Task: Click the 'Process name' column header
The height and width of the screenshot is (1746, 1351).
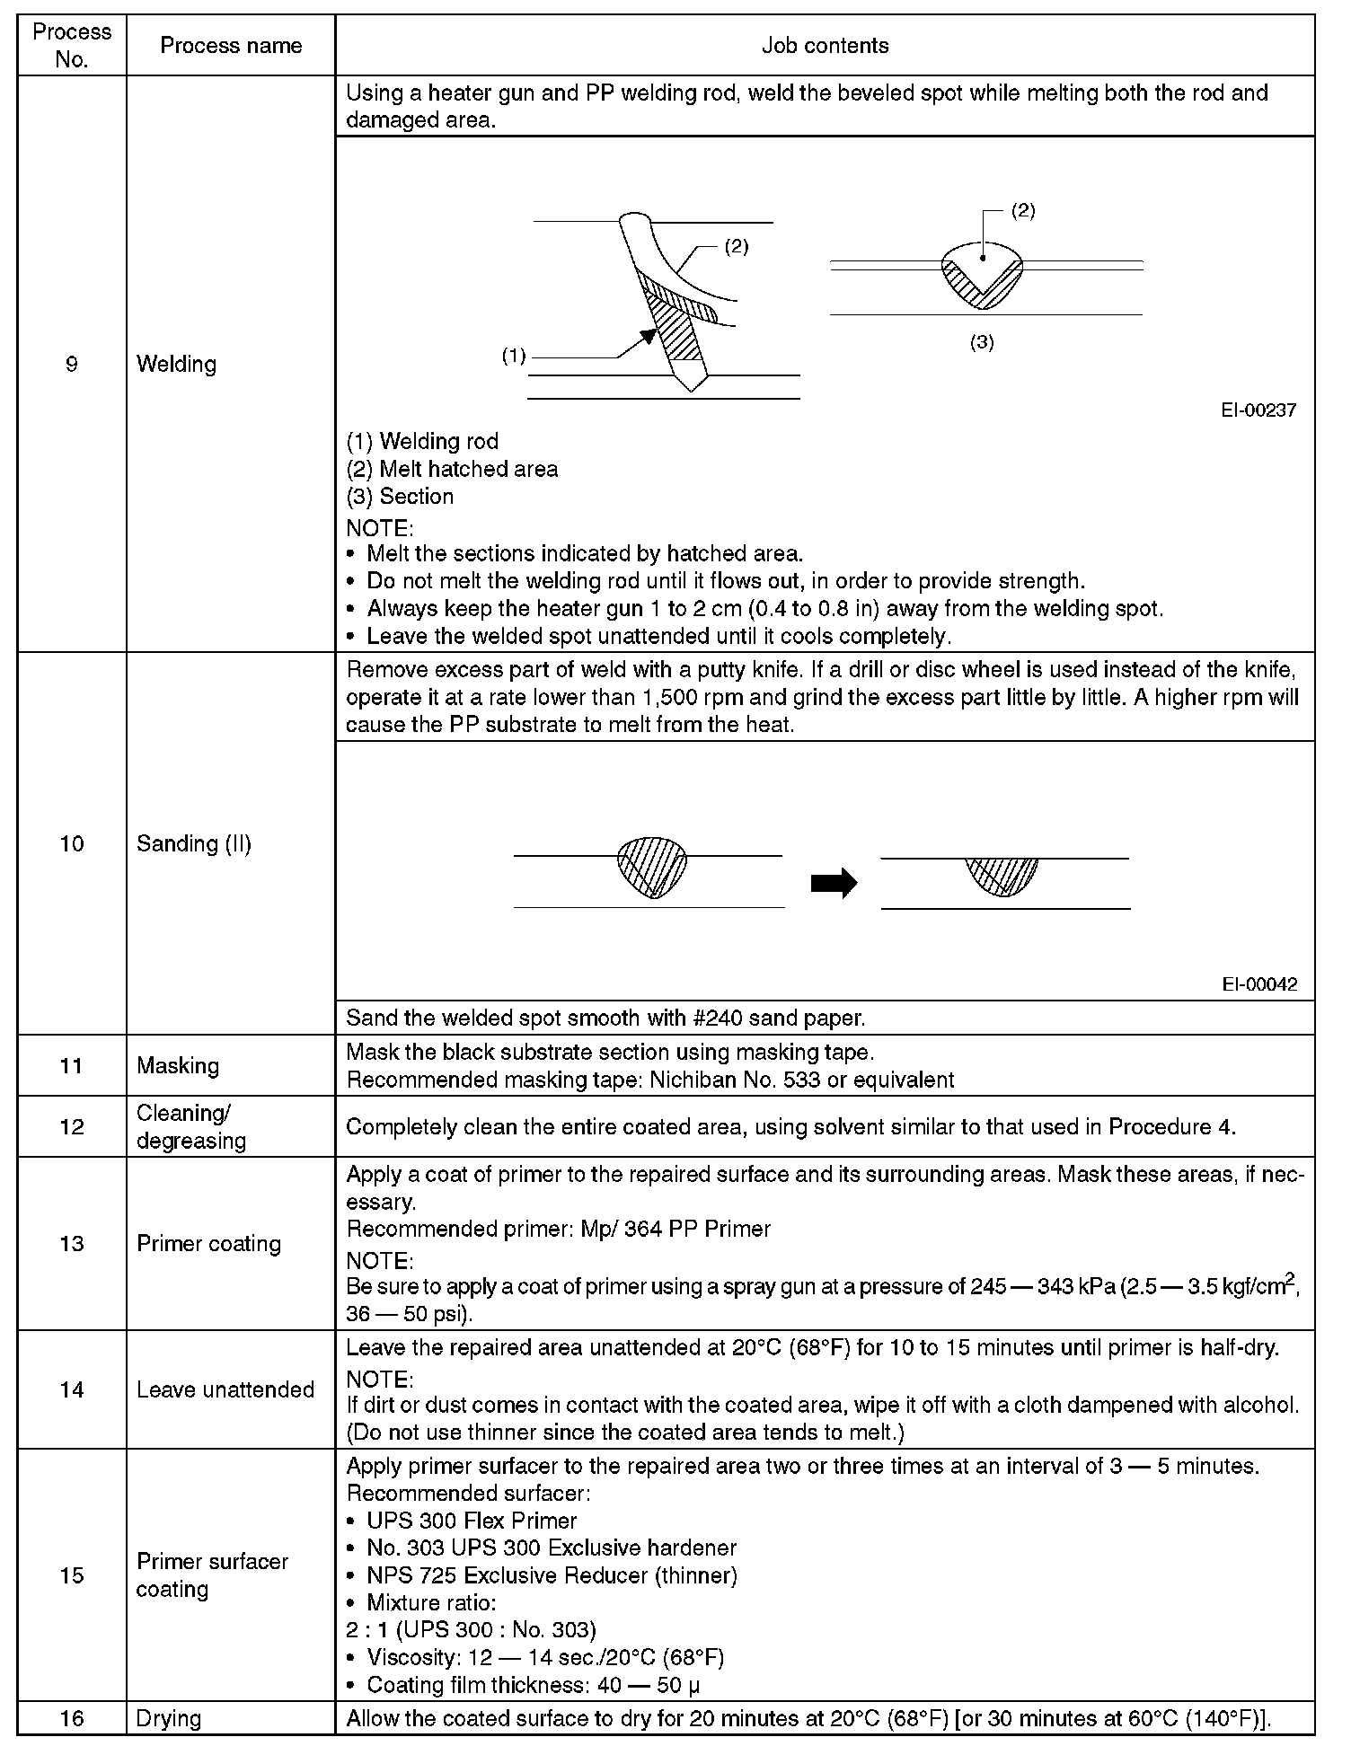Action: click(x=231, y=46)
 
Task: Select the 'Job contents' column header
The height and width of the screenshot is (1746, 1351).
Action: click(x=825, y=46)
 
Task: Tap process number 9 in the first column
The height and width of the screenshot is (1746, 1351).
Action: click(x=72, y=364)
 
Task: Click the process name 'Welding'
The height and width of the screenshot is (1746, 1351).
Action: click(x=176, y=364)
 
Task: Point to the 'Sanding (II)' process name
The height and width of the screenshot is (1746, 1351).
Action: click(x=193, y=843)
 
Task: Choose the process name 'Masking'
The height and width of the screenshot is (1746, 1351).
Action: click(x=177, y=1065)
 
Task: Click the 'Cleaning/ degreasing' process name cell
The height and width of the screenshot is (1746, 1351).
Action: click(x=190, y=1126)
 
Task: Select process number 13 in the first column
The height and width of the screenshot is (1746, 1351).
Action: click(x=72, y=1243)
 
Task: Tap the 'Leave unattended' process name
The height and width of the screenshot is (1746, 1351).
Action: click(x=225, y=1389)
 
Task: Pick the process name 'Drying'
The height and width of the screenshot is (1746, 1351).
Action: click(x=168, y=1718)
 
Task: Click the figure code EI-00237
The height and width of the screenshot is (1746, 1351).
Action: click(x=1258, y=410)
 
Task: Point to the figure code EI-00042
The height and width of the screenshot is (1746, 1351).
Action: click(x=1259, y=984)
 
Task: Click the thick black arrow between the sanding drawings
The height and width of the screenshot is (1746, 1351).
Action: click(x=833, y=884)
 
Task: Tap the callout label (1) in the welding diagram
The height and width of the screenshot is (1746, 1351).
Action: click(x=513, y=357)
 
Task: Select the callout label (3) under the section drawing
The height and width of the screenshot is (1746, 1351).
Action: click(x=982, y=342)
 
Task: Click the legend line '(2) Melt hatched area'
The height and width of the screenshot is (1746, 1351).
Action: click(x=452, y=469)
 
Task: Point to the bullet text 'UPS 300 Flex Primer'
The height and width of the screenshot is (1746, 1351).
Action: click(x=472, y=1521)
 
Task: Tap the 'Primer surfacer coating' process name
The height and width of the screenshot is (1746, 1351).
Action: click(x=212, y=1575)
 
